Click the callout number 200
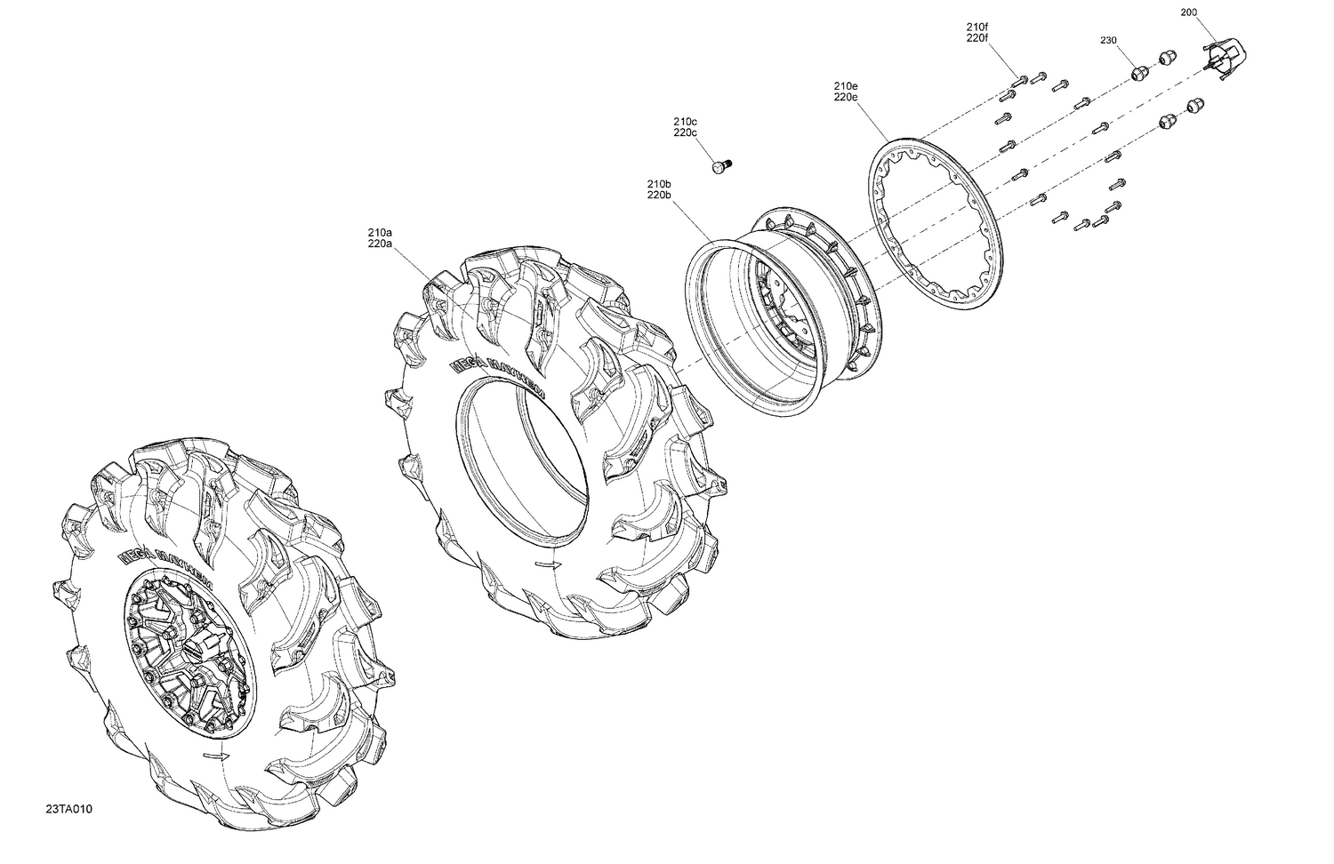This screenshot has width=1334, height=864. tap(1189, 12)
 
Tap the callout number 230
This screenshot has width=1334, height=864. tap(1108, 41)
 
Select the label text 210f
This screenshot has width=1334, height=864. tap(977, 27)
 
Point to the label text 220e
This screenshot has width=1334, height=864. tap(846, 98)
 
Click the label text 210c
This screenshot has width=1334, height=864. tap(685, 122)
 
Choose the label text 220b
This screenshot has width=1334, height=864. tap(659, 196)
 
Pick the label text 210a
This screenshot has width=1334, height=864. tap(380, 232)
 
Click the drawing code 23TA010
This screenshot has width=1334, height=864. tap(69, 809)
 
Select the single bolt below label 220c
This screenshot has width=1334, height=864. tap(719, 166)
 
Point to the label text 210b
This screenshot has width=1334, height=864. tap(659, 184)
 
